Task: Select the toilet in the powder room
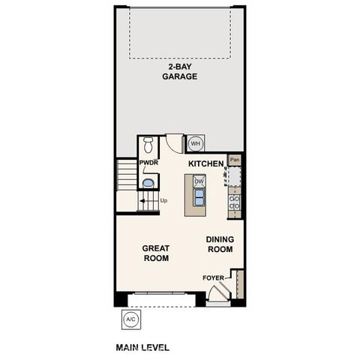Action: click(147, 145)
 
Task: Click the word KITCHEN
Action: click(206, 163)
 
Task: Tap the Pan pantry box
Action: click(235, 159)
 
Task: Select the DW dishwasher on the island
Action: click(199, 181)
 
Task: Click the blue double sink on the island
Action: click(199, 197)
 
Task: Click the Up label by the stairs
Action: click(163, 200)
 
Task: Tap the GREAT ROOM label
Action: click(157, 253)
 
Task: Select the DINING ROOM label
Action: click(220, 244)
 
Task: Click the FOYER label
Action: click(214, 278)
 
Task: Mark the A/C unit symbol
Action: click(130, 319)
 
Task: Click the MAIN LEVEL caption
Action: click(142, 347)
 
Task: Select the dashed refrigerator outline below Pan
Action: click(235, 175)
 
